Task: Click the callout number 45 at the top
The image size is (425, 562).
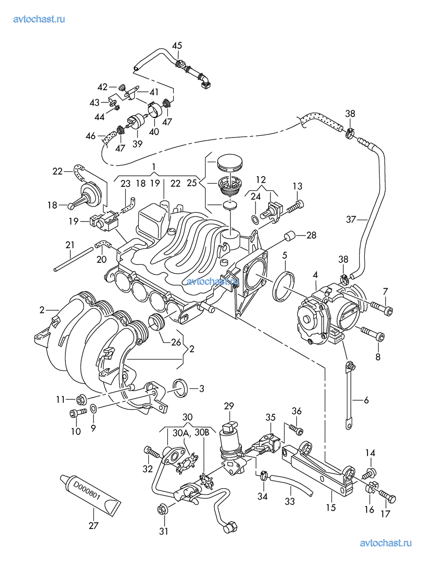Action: [177, 45]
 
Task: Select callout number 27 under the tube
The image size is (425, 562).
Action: [93, 525]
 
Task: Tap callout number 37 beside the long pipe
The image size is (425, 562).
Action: [350, 218]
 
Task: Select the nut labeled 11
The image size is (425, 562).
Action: [80, 399]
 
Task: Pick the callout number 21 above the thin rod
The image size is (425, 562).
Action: [70, 244]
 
